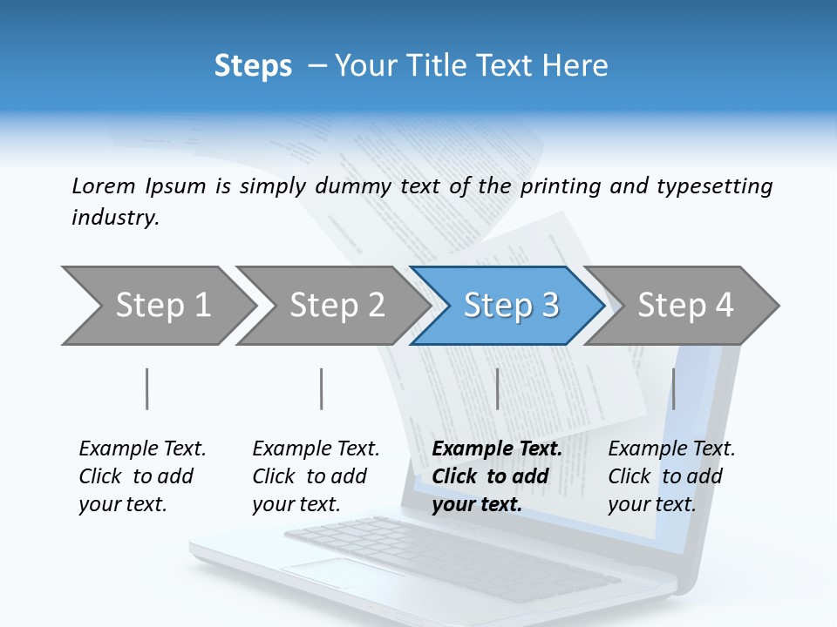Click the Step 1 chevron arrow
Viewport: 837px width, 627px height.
click(x=160, y=306)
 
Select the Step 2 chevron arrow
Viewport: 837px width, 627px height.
click(x=335, y=306)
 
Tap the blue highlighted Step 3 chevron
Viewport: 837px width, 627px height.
click(x=509, y=306)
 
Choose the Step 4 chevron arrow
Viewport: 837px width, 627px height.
click(x=684, y=306)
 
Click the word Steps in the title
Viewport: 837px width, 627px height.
click(x=253, y=66)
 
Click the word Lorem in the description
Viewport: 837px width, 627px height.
click(x=104, y=186)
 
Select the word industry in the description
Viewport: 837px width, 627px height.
click(x=115, y=218)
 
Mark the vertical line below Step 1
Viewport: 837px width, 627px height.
click(x=147, y=388)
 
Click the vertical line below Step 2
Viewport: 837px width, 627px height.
click(x=322, y=388)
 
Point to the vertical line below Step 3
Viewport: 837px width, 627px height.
click(x=497, y=388)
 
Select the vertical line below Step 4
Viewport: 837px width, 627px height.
click(x=673, y=388)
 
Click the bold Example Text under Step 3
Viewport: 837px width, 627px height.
click(x=497, y=449)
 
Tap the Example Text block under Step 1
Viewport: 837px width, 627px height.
click(x=142, y=476)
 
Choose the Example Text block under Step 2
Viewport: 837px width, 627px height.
click(x=316, y=476)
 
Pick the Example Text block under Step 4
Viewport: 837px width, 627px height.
click(x=671, y=476)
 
